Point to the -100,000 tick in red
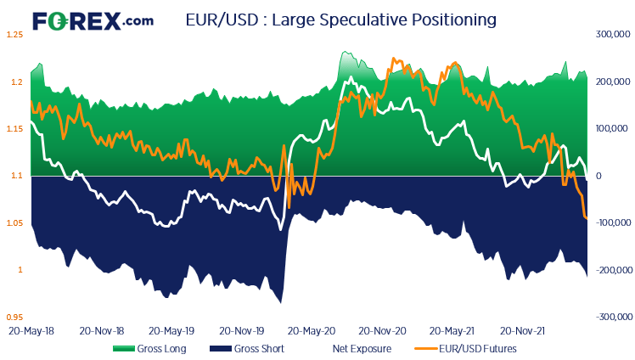click(x=610, y=223)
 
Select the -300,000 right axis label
click(x=610, y=318)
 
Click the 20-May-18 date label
click(x=31, y=329)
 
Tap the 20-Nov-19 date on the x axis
click(x=240, y=329)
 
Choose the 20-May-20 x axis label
click(x=311, y=329)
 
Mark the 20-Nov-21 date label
click(x=521, y=329)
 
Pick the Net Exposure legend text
click(x=362, y=348)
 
